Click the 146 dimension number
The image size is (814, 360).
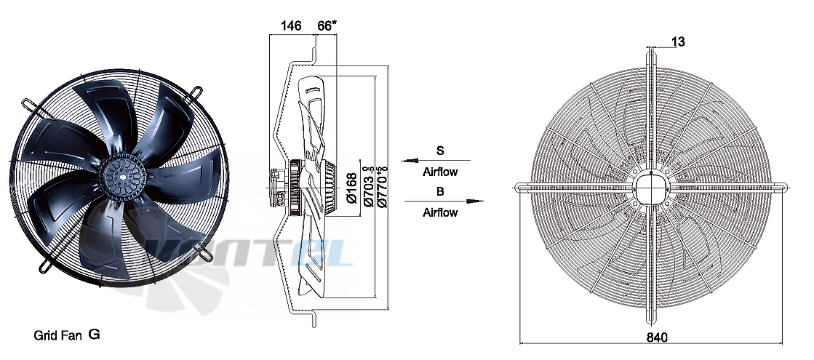tap(291, 26)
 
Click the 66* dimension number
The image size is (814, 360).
tap(327, 26)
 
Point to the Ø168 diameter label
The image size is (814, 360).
tap(353, 188)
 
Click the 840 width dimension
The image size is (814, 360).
tap(657, 337)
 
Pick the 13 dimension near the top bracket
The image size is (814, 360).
tap(678, 41)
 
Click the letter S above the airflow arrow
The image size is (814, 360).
tap(440, 151)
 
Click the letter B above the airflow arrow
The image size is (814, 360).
tap(440, 191)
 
